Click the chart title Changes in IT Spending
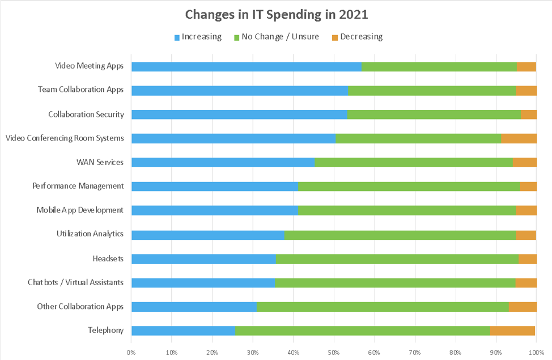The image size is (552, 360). (275, 14)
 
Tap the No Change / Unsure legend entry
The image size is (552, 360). (276, 37)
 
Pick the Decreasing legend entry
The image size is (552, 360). (356, 37)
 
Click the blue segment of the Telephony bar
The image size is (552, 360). (183, 331)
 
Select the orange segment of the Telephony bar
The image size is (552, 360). (512, 331)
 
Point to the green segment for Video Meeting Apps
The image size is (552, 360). (439, 66)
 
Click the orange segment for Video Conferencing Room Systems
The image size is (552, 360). (519, 138)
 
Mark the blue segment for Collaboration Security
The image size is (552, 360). (239, 115)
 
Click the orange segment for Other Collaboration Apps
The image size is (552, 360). (522, 307)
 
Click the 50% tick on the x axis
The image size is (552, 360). (334, 352)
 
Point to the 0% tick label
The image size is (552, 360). (131, 352)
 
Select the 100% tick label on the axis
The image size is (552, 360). (536, 352)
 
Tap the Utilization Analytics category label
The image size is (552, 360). (90, 234)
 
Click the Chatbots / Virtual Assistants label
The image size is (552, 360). (75, 282)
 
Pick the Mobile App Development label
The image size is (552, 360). (79, 210)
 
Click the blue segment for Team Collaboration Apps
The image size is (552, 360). (239, 90)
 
